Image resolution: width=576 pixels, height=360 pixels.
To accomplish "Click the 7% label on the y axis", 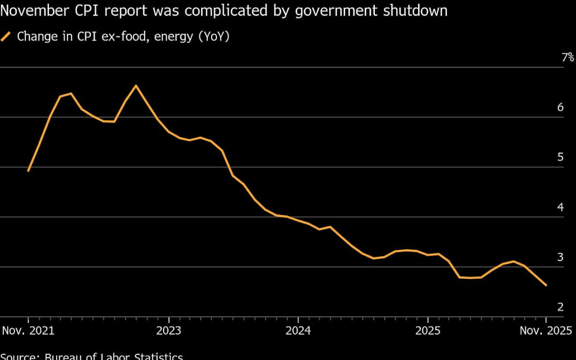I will click(567, 58).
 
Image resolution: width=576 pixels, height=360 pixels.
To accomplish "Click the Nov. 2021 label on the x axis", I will click(28, 330).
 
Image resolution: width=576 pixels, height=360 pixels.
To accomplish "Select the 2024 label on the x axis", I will click(298, 330).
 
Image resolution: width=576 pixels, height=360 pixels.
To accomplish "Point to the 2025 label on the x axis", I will click(428, 330).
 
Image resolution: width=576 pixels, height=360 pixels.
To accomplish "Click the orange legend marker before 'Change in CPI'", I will click(6, 37).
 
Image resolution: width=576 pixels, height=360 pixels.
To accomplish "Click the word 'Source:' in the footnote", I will click(19, 356).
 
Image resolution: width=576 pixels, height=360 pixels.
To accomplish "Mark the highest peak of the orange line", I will click(135, 85).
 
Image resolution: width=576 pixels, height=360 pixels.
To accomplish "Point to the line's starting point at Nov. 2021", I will click(28, 171).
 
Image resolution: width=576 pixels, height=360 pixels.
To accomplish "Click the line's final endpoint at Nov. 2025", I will click(546, 285).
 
